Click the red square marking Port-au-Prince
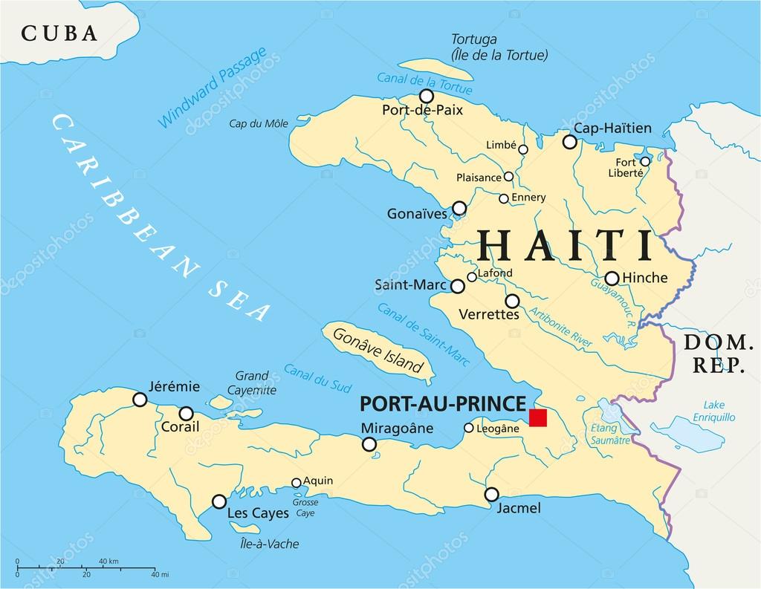537,417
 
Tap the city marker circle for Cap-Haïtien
569,142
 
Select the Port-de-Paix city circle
427,96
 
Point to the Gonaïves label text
417,214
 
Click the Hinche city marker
612,279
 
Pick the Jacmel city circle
491,494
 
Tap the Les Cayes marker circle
219,501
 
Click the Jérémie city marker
140,400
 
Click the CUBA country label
59,33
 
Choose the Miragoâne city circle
369,444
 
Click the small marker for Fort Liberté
645,161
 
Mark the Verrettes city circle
512,301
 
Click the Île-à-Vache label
268,544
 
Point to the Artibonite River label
560,326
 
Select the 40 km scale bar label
109,561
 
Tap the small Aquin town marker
297,482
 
